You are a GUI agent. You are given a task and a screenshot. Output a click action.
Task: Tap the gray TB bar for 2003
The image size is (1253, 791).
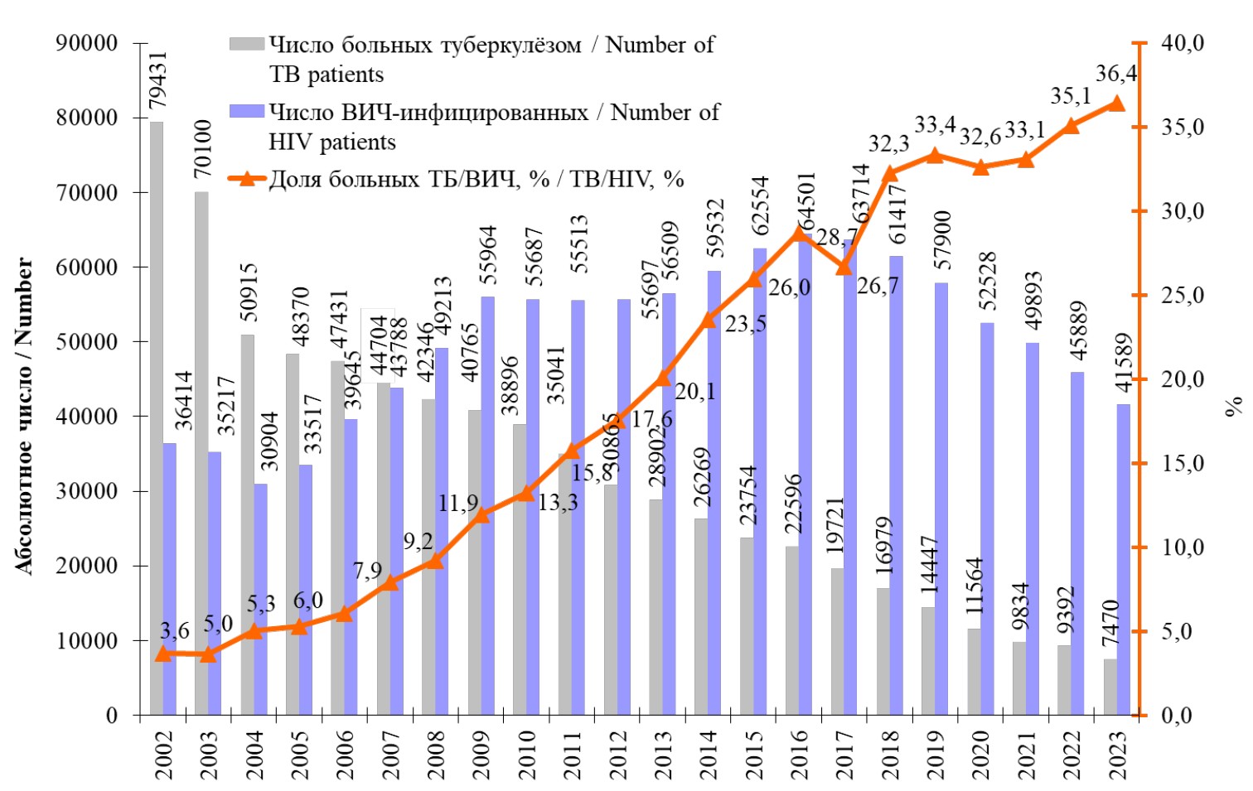pyautogui.click(x=201, y=451)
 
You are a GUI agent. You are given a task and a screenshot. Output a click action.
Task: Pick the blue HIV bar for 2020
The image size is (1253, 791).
pyautogui.click(x=987, y=518)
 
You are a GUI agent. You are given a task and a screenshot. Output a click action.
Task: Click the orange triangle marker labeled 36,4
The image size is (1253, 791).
pyautogui.click(x=1116, y=104)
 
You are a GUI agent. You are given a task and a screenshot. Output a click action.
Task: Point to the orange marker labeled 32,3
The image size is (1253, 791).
pyautogui.click(x=890, y=173)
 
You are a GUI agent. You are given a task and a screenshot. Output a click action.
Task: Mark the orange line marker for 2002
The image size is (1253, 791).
pyautogui.click(x=163, y=654)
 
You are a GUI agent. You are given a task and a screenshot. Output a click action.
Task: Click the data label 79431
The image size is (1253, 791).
pyautogui.click(x=157, y=80)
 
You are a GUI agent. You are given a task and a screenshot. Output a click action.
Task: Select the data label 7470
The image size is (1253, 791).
pyautogui.click(x=1110, y=623)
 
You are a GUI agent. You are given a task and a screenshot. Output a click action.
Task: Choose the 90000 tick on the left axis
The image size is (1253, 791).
pyautogui.click(x=86, y=42)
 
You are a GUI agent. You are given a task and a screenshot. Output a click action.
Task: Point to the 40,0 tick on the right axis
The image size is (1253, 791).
pyautogui.click(x=1182, y=42)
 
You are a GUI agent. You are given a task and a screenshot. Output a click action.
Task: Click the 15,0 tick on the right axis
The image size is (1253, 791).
pyautogui.click(x=1182, y=463)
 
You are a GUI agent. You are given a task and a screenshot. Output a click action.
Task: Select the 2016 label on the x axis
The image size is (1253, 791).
pyautogui.click(x=800, y=755)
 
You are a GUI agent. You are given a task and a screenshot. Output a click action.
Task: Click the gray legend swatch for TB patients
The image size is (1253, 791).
pyautogui.click(x=247, y=44)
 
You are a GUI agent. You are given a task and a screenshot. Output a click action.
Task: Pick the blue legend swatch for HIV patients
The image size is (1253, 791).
pyautogui.click(x=247, y=112)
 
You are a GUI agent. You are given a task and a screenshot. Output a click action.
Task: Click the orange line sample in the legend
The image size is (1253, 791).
pyautogui.click(x=247, y=178)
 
